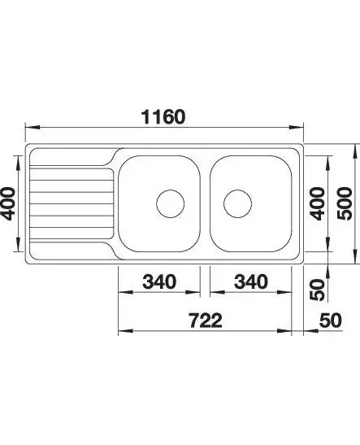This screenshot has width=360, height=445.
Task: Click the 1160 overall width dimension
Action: coord(164,117)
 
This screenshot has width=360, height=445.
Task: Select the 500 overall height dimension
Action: coord(345,203)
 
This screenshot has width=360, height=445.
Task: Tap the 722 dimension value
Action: coord(206,321)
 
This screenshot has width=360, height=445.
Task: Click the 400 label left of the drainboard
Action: coord(7,203)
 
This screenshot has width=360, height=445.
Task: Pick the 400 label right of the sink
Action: coord(317,203)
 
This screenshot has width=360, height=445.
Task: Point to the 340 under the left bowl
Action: coord(159,281)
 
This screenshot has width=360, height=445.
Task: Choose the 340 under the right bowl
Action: coord(251,281)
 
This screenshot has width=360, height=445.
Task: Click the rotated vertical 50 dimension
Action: coord(317,290)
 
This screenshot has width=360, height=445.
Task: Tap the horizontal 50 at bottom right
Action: coord(331,321)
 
